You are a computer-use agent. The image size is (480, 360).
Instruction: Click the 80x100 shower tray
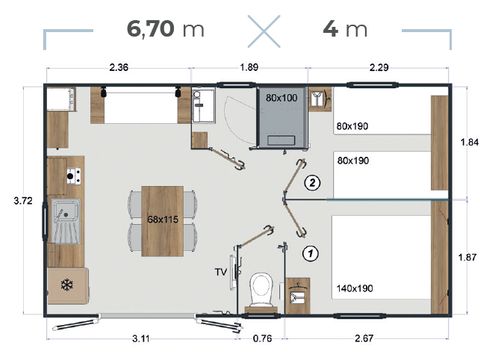click(282, 111)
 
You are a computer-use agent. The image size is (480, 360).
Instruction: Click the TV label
click(221, 271)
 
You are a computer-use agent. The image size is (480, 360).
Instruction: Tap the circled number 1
click(310, 252)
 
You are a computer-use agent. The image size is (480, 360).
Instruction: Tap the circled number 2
click(313, 183)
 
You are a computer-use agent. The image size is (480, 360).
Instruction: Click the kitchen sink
click(67, 213)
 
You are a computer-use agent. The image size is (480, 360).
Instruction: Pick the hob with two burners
click(72, 176)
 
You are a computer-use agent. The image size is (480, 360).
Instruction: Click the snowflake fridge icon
click(68, 283)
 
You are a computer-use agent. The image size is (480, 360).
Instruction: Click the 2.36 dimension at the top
click(118, 68)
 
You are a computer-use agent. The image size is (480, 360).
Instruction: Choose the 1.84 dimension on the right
click(465, 142)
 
